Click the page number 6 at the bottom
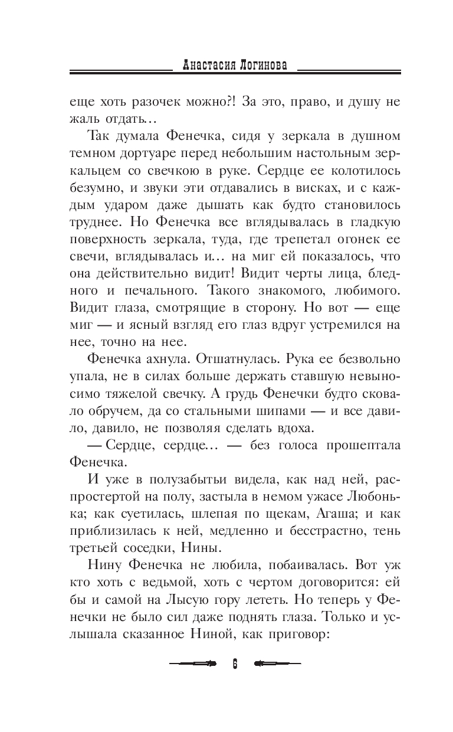click(x=234, y=664)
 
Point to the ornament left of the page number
click(x=192, y=664)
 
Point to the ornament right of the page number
click(x=277, y=664)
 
